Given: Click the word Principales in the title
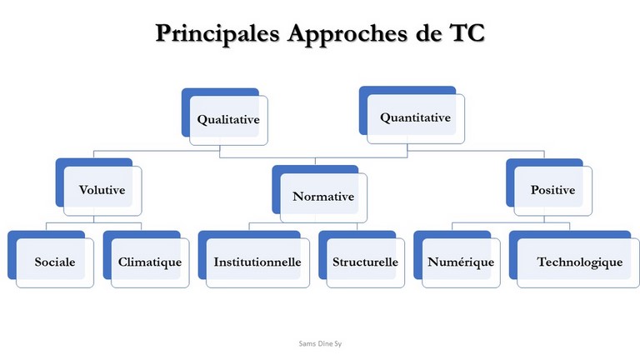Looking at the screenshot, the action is [217, 33].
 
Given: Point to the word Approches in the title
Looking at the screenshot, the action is [347, 33].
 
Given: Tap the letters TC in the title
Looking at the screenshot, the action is [467, 32].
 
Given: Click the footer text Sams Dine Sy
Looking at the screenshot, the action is [320, 343].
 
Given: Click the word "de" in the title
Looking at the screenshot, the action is [428, 32].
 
